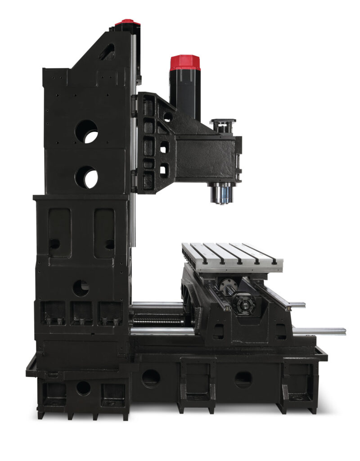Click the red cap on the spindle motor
click(185, 63)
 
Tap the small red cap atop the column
click(127, 23)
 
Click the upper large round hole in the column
click(86, 131)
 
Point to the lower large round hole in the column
click(86, 177)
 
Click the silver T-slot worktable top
click(232, 255)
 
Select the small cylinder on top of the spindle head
click(223, 126)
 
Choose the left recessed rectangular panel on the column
click(59, 232)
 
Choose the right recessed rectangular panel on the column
click(104, 232)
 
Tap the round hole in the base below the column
click(83, 388)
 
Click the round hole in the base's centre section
click(151, 378)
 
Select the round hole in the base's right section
click(243, 380)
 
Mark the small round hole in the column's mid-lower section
click(81, 288)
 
